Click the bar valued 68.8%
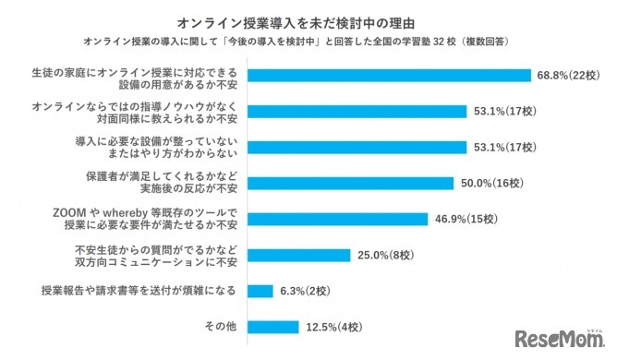pos(390,75)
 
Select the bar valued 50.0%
pos(352,183)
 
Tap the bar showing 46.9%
pos(339,219)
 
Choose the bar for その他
pos(274,327)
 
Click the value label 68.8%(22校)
pos(566,75)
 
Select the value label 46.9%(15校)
pos(465,220)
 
